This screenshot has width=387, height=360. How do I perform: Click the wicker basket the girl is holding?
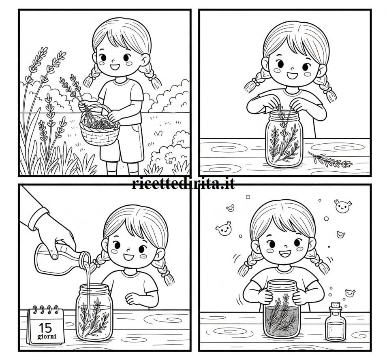(99, 132)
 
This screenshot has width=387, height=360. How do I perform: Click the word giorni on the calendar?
(45, 337)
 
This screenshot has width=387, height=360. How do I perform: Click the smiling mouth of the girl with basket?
(114, 67)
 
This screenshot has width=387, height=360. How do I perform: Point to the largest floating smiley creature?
(343, 206)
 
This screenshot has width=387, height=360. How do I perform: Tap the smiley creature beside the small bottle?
(349, 293)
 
